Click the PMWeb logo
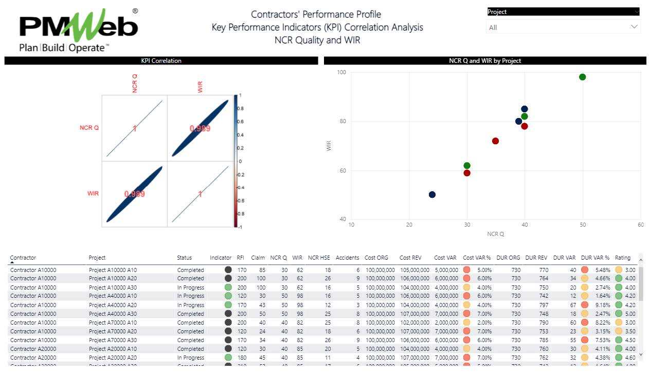pyautogui.click(x=78, y=29)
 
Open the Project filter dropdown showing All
pyautogui.click(x=563, y=27)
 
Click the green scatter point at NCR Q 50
pyautogui.click(x=582, y=77)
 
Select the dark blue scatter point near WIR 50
pyautogui.click(x=432, y=195)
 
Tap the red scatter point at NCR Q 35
pyautogui.click(x=495, y=141)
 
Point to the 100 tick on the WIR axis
pyautogui.click(x=341, y=72)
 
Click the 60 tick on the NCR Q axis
pyautogui.click(x=640, y=225)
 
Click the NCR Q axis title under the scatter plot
pyautogui.click(x=495, y=234)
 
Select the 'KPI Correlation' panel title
pyautogui.click(x=161, y=61)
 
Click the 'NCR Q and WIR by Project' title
pyautogui.click(x=484, y=61)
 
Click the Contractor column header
pyautogui.click(x=23, y=258)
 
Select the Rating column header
pyautogui.click(x=622, y=258)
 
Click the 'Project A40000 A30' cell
pyautogui.click(x=113, y=314)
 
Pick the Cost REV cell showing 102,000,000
pyautogui.click(x=414, y=323)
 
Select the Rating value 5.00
pyautogui.click(x=630, y=314)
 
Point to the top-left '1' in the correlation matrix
pyautogui.click(x=135, y=128)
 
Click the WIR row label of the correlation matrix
pyautogui.click(x=93, y=194)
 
